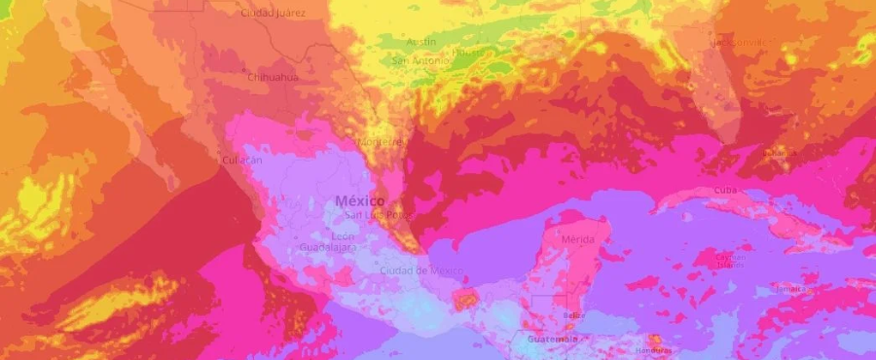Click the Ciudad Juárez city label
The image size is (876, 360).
pyautogui.click(x=273, y=14)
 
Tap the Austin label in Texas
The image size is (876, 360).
pyautogui.click(x=421, y=42)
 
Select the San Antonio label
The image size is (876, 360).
pyautogui.click(x=420, y=61)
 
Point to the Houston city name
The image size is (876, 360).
pyautogui.click(x=468, y=52)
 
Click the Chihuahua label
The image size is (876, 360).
pyautogui.click(x=273, y=77)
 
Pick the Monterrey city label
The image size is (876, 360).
pyautogui.click(x=380, y=142)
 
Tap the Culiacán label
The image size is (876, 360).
pyautogui.click(x=242, y=160)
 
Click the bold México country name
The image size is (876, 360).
pyautogui.click(x=359, y=200)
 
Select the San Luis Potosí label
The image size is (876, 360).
pyautogui.click(x=380, y=214)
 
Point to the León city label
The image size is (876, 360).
pyautogui.click(x=343, y=236)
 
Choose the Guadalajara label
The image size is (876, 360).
pyautogui.click(x=327, y=248)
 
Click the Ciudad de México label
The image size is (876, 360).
pyautogui.click(x=421, y=270)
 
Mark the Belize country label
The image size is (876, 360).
pyautogui.click(x=573, y=315)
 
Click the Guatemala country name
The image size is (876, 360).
pyautogui.click(x=552, y=340)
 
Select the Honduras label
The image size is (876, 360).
pyautogui.click(x=654, y=350)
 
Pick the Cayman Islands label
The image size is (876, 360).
pyautogui.click(x=731, y=261)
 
